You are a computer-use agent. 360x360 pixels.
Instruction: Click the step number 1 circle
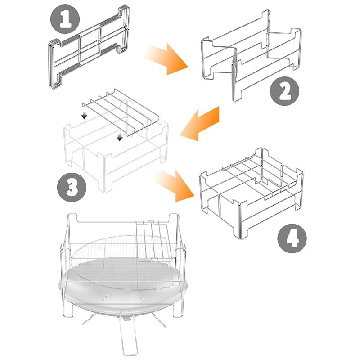click(65, 19)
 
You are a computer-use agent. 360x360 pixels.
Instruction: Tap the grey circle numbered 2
click(285, 91)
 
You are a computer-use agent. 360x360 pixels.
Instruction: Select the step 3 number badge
click(72, 187)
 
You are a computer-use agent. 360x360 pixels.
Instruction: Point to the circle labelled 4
click(292, 238)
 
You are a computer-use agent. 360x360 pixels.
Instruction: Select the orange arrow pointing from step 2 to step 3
click(200, 124)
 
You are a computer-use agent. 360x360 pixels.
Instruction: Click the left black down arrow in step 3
click(85, 115)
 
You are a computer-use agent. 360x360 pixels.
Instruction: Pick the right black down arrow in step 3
click(120, 136)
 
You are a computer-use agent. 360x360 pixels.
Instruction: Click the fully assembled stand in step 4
click(252, 193)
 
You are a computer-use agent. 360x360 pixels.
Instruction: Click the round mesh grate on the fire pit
click(121, 262)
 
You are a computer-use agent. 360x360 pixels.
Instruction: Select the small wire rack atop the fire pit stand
click(153, 241)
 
